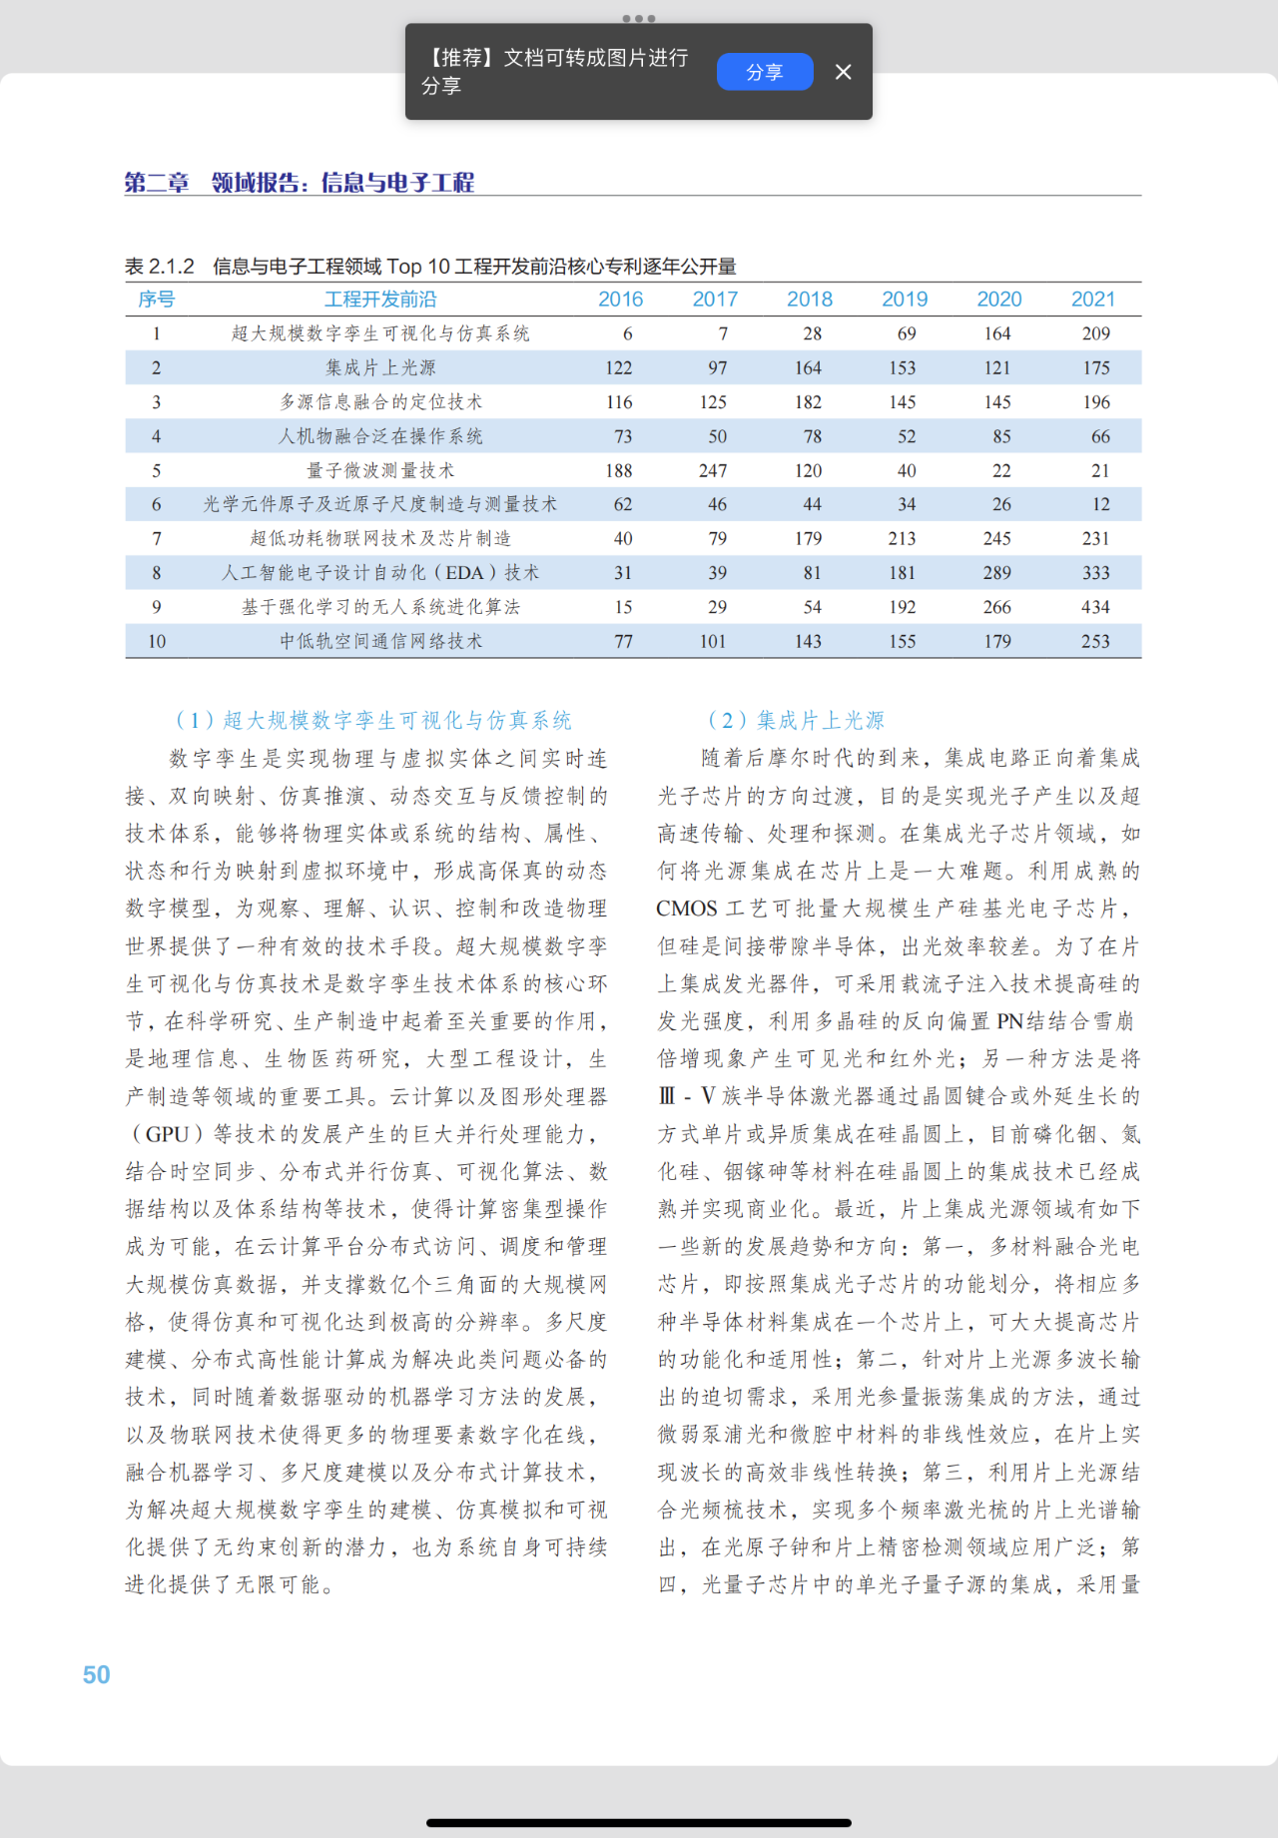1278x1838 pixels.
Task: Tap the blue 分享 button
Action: pyautogui.click(x=765, y=72)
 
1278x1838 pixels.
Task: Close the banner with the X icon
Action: pyautogui.click(x=844, y=72)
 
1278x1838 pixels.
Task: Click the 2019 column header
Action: pyautogui.click(x=905, y=300)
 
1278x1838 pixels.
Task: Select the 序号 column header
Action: pyautogui.click(x=156, y=300)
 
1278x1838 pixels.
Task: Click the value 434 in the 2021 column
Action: pyautogui.click(x=1095, y=607)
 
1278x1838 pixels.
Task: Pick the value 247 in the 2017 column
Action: pyautogui.click(x=713, y=470)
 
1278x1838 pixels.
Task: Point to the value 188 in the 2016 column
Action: pyautogui.click(x=619, y=470)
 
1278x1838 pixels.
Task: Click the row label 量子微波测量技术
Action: pyautogui.click(x=380, y=470)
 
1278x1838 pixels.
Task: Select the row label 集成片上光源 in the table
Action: pyautogui.click(x=380, y=367)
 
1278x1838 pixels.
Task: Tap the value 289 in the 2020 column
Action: pyautogui.click(x=997, y=573)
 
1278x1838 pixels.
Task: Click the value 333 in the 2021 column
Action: pyautogui.click(x=1095, y=573)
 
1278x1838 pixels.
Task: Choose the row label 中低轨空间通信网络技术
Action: pyautogui.click(x=380, y=641)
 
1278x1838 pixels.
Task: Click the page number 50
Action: pyautogui.click(x=97, y=1674)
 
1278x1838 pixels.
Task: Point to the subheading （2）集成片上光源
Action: pyautogui.click(x=796, y=720)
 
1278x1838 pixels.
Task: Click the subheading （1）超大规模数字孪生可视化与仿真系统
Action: pyautogui.click(x=372, y=720)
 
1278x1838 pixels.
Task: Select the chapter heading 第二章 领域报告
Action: pyautogui.click(x=300, y=183)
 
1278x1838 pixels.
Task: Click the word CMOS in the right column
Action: pyautogui.click(x=687, y=909)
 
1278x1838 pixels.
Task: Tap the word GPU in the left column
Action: pyautogui.click(x=167, y=1134)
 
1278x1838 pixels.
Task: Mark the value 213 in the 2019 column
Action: pyautogui.click(x=903, y=539)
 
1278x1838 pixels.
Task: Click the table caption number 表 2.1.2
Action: pyautogui.click(x=160, y=267)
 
